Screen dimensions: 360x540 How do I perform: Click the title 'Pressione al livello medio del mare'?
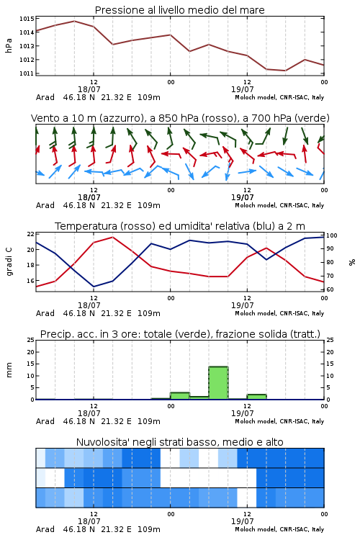(179, 10)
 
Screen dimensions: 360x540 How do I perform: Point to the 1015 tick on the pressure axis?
(27, 19)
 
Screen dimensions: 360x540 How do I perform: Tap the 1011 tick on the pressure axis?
(27, 73)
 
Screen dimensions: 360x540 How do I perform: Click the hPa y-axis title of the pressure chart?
(9, 45)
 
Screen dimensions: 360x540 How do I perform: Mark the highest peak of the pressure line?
(74, 21)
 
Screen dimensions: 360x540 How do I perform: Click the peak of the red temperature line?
(112, 237)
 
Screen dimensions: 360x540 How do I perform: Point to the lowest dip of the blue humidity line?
(94, 287)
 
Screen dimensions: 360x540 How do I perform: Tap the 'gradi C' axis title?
(9, 261)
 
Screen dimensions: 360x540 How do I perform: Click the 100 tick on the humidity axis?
(332, 235)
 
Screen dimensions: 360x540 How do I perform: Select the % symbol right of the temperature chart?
(352, 262)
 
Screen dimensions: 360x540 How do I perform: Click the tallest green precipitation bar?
(218, 383)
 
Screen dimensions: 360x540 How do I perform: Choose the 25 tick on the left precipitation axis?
(31, 340)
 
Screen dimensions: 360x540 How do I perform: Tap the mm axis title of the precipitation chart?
(9, 370)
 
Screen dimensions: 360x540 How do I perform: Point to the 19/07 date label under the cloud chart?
(242, 521)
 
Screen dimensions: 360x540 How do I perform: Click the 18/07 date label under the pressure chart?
(89, 89)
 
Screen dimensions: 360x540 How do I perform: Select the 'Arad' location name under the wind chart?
(45, 205)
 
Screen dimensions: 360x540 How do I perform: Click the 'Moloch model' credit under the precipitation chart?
(256, 421)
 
